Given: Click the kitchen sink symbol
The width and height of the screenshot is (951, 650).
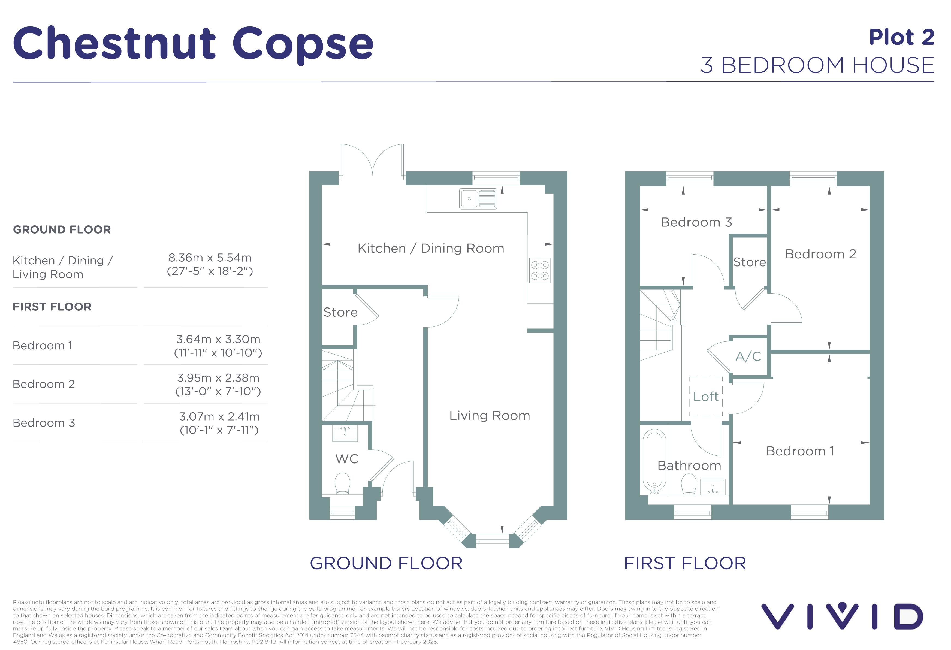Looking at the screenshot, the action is click(478, 199).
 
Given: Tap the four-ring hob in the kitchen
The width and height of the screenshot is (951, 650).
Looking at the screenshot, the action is click(540, 270).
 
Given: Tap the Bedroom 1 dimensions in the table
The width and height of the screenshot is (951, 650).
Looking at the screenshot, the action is click(218, 346).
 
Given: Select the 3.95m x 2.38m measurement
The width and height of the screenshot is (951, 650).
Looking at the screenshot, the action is click(218, 377).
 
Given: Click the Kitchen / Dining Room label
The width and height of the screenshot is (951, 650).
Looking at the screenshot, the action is click(431, 248).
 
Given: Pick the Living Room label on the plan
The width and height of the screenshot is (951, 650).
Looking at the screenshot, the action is click(490, 416).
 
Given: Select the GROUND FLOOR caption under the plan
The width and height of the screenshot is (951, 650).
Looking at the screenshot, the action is click(386, 563).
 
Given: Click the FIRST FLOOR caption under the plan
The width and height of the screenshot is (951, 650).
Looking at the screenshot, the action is click(685, 563).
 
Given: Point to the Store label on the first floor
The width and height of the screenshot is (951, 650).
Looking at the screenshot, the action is click(750, 262).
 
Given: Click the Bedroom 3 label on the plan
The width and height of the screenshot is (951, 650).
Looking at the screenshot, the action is click(696, 222).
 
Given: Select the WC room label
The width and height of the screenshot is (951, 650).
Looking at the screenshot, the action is click(347, 459).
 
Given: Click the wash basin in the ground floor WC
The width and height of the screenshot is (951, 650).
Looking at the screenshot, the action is click(345, 433).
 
